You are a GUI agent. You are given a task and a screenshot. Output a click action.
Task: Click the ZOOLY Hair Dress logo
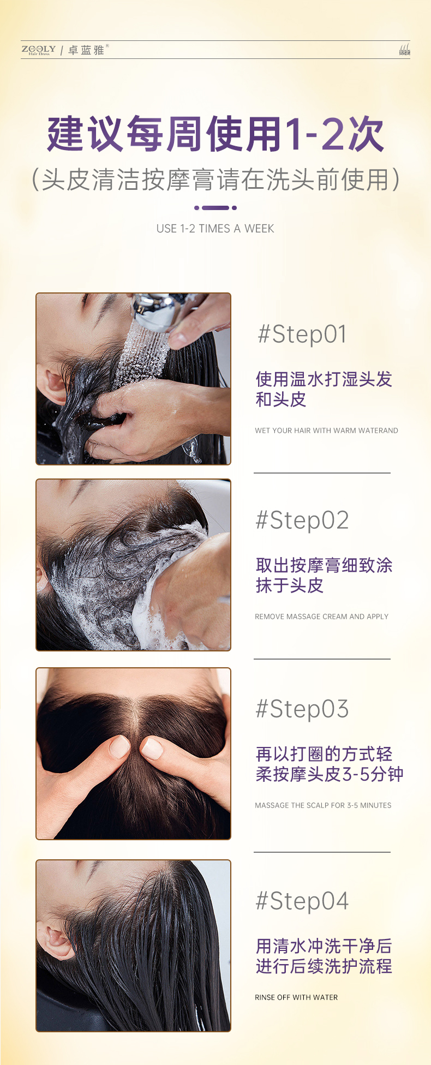point(39,50)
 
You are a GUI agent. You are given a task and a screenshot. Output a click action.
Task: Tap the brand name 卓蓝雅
point(86,50)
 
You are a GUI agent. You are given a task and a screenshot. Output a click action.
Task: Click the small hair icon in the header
point(404,50)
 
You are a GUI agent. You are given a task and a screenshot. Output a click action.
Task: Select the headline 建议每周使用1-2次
point(215,134)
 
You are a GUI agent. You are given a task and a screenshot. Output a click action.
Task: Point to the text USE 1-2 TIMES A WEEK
point(215,229)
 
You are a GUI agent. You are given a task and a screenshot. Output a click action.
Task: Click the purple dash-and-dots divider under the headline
point(215,208)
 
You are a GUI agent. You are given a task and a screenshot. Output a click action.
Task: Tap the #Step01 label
point(302,334)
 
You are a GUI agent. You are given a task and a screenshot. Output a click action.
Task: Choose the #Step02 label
point(302,520)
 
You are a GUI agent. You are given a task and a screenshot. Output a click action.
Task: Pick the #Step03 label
point(302,709)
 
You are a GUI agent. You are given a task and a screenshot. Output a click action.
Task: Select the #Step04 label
point(302,901)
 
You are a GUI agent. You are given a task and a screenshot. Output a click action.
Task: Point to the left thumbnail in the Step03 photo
point(119,746)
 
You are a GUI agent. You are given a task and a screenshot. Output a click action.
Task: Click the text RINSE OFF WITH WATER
point(296,997)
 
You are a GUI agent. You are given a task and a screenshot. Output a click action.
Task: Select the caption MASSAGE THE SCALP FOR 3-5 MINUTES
point(323,805)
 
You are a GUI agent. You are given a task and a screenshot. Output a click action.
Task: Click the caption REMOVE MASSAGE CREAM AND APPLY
point(321,617)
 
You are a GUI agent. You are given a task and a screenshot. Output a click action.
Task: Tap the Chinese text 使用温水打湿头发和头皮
point(324,389)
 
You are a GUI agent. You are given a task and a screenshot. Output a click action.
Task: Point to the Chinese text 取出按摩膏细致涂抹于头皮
point(324,575)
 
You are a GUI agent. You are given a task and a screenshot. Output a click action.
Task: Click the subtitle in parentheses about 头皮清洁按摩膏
point(215,180)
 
